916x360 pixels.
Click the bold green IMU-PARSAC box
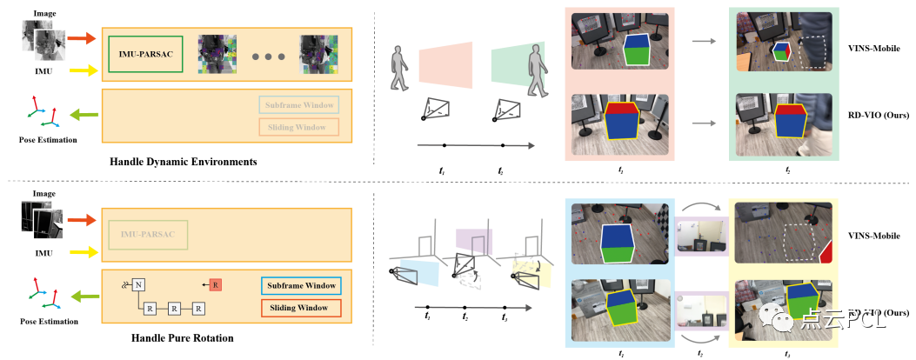click(145, 54)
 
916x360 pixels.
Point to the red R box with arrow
click(215, 284)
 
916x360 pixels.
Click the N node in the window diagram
click(138, 284)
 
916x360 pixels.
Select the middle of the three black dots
click(269, 57)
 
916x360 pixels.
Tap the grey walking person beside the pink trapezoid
click(399, 69)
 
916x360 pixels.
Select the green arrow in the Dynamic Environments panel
click(82, 113)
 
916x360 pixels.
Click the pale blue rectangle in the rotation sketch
click(413, 272)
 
